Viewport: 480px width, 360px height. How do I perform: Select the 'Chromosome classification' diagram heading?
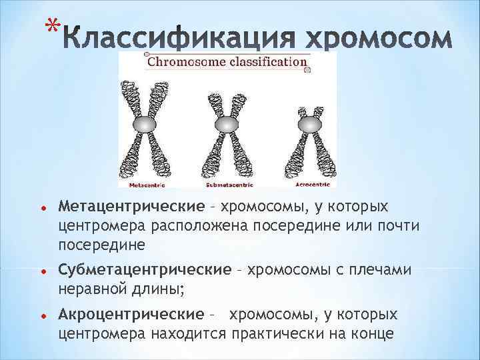coord(227,62)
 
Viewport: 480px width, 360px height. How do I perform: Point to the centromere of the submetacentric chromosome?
coord(226,125)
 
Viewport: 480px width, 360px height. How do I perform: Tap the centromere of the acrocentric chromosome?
coord(308,125)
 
